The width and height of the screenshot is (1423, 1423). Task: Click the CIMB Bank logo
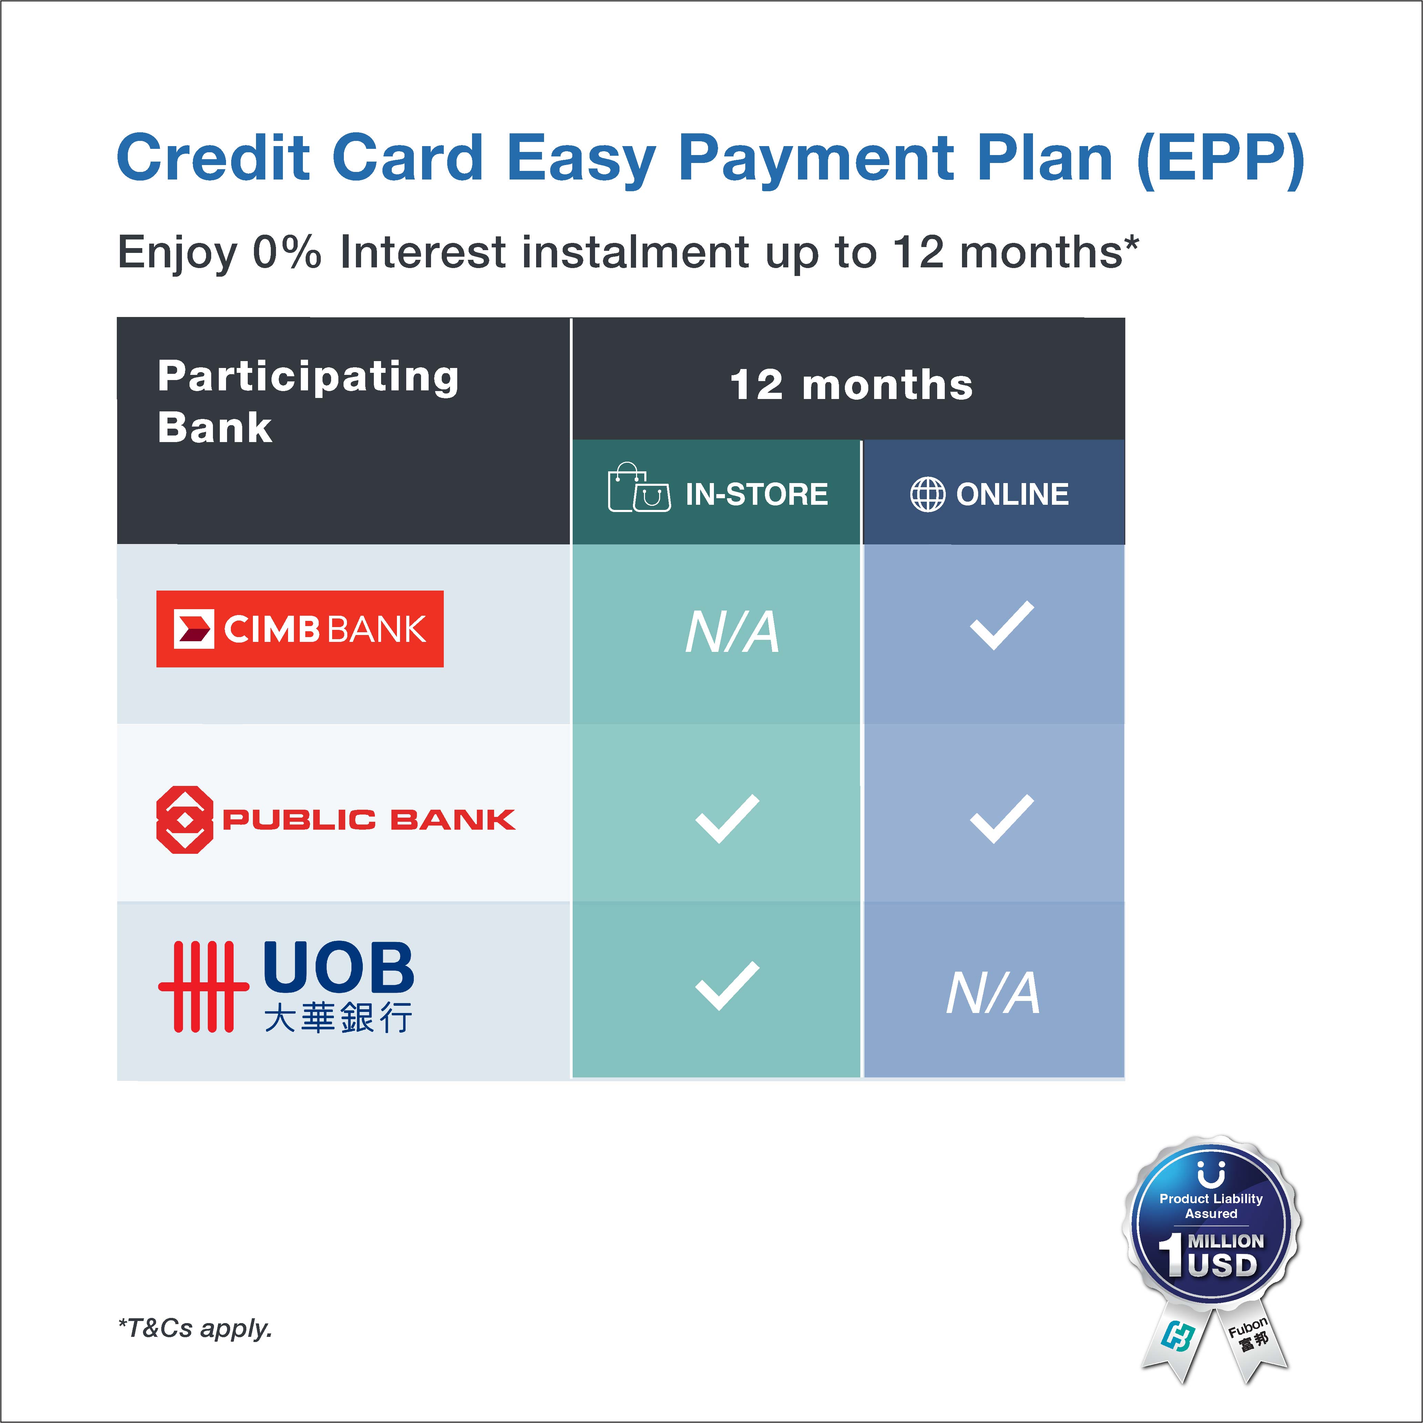300,629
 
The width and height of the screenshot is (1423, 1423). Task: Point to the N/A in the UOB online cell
993,993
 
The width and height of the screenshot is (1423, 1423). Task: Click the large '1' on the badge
1170,1255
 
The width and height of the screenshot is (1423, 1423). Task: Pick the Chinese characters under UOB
338,1017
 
